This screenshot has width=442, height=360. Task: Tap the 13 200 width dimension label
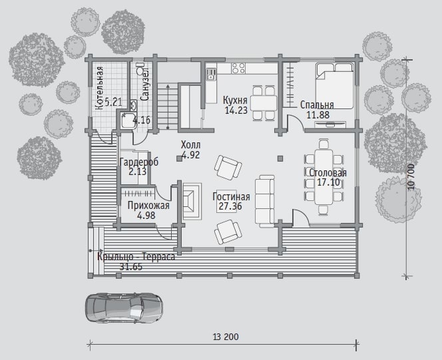point(226,337)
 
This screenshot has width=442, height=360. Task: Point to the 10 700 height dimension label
point(411,177)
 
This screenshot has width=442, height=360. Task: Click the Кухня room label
point(235,100)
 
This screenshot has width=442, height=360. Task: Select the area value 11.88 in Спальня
point(318,114)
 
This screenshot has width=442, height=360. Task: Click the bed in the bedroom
point(334,86)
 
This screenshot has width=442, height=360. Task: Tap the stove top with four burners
point(238,68)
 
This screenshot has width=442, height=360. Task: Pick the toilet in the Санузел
point(140,69)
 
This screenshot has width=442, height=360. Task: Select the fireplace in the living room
point(192,201)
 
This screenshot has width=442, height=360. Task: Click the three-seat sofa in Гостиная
point(265,200)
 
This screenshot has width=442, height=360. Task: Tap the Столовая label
point(328,172)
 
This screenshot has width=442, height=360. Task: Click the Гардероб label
point(139,162)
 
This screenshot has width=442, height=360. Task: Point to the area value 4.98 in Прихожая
point(146,216)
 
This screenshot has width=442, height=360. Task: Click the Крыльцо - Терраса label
point(136,257)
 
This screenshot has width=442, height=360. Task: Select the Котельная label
point(99,88)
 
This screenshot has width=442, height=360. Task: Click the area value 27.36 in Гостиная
point(230,206)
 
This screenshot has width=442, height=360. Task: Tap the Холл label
point(190,145)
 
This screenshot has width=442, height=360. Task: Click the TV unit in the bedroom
point(330,124)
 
